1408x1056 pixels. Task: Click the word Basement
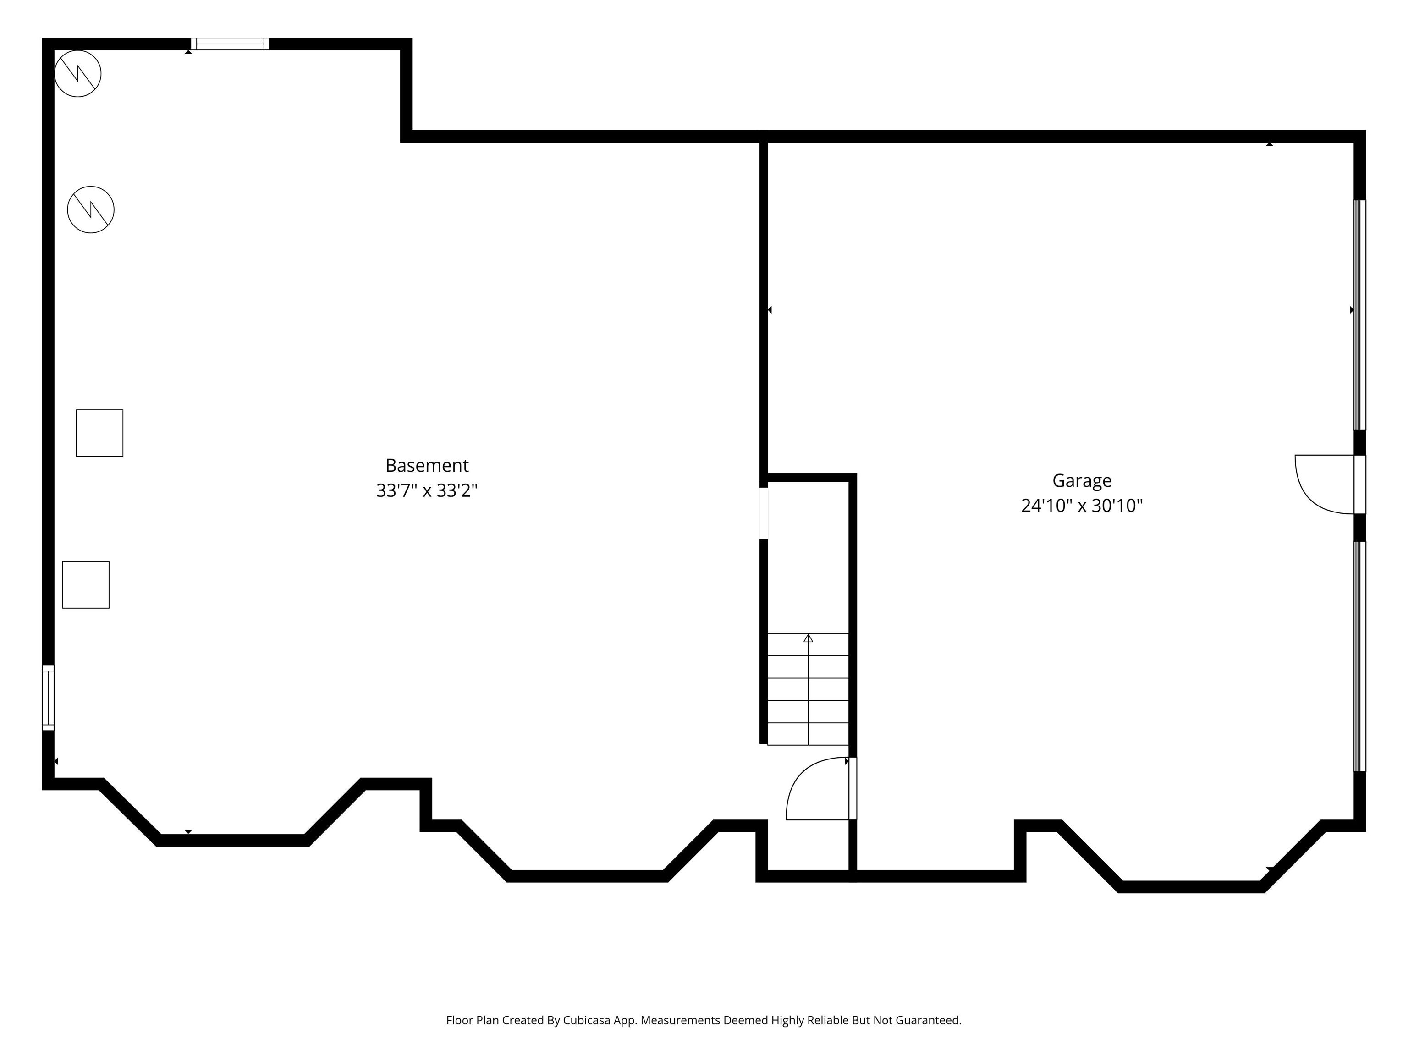pyautogui.click(x=427, y=465)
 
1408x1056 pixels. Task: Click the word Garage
pyautogui.click(x=1082, y=481)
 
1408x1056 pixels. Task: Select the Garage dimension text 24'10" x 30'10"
pyautogui.click(x=1082, y=506)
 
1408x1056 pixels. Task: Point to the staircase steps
pyautogui.click(x=808, y=689)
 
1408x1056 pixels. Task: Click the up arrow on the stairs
pyautogui.click(x=808, y=638)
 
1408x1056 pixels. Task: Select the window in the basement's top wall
pyautogui.click(x=231, y=44)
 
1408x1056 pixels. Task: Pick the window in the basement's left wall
pyautogui.click(x=49, y=698)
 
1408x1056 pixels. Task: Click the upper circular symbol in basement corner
pyautogui.click(x=77, y=74)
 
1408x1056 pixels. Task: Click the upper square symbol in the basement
pyautogui.click(x=100, y=433)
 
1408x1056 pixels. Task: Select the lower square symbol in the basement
pyautogui.click(x=86, y=585)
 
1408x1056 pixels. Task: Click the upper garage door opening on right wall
pyautogui.click(x=1359, y=315)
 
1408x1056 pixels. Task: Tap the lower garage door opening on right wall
pyautogui.click(x=1359, y=656)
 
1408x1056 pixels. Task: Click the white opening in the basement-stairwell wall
pyautogui.click(x=764, y=513)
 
